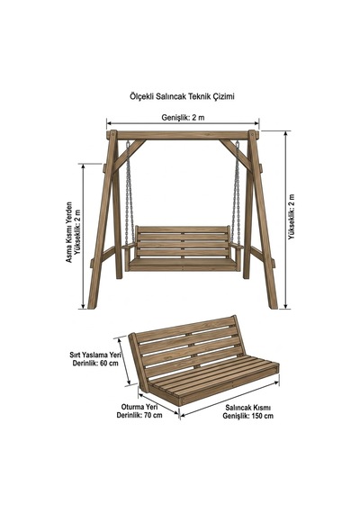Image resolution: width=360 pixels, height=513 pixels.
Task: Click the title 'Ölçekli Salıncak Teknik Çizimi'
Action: click(182, 96)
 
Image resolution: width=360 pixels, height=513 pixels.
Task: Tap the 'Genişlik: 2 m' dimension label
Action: click(183, 118)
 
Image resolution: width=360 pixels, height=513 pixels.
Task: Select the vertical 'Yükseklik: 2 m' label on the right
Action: click(292, 217)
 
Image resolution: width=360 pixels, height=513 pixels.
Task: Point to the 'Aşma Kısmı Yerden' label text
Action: click(69, 232)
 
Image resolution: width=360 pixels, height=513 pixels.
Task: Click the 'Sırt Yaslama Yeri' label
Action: click(95, 355)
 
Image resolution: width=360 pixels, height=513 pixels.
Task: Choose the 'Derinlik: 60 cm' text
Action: click(95, 364)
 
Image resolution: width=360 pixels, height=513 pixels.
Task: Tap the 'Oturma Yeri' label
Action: click(139, 407)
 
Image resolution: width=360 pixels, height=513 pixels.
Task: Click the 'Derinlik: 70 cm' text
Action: click(139, 415)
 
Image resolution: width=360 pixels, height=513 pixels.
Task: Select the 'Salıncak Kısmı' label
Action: click(248, 408)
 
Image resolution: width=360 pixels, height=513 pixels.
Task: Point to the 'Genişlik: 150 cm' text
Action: click(248, 416)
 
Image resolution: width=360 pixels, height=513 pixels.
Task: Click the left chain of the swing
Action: click(130, 193)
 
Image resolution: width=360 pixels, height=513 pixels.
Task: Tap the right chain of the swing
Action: click(236, 193)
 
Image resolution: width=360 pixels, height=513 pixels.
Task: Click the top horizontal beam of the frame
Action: click(183, 135)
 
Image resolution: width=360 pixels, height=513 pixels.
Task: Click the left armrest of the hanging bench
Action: click(129, 246)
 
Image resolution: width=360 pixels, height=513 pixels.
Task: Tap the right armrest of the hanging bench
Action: click(238, 246)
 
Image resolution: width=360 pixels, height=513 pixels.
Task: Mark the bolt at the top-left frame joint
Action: click(112, 134)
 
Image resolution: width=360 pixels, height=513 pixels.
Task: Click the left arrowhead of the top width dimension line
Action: click(109, 123)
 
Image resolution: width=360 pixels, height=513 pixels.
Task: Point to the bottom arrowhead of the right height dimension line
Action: click(287, 306)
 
